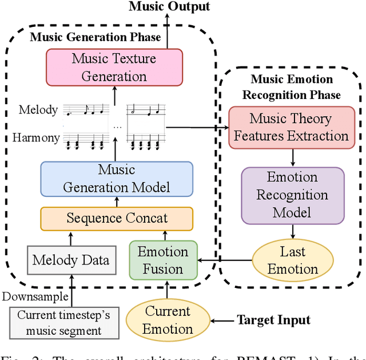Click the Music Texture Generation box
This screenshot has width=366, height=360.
pos(114,67)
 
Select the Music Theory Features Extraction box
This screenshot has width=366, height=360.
pos(291,128)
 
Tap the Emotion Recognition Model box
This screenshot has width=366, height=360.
pos(292,195)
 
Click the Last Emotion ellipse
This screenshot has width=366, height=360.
pos(292,260)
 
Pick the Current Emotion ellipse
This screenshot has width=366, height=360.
pos(168,320)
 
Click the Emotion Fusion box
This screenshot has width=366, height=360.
pos(163,260)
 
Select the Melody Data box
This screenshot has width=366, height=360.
pos(70,260)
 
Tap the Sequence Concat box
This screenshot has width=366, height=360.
pos(117,218)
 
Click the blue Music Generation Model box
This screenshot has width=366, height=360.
pos(116,179)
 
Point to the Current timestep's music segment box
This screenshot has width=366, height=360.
pos(64,323)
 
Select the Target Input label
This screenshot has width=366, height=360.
pos(274,320)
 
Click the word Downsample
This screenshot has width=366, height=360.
pos(35,296)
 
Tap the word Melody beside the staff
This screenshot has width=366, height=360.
pos(38,110)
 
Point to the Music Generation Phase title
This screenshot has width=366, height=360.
pos(95,38)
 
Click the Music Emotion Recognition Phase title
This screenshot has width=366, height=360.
pos(292,87)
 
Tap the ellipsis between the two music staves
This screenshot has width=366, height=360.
pos(117,126)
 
